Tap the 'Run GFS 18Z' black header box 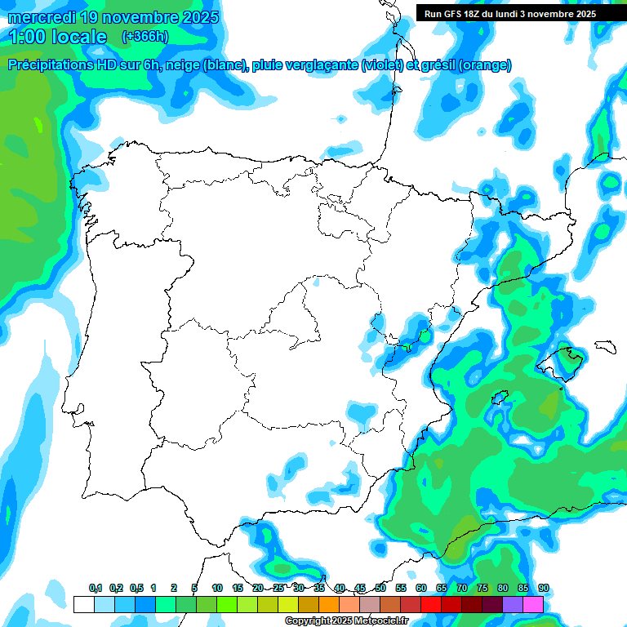[x=510, y=14]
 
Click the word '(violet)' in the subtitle [x=380, y=65]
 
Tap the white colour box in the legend [x=83, y=604]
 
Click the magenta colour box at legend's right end [x=533, y=604]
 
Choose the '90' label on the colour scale [x=543, y=588]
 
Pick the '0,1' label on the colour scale [x=96, y=588]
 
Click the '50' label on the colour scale [x=380, y=588]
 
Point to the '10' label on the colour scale [x=217, y=588]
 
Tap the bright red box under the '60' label [x=431, y=604]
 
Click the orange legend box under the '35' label [x=329, y=604]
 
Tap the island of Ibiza [x=500, y=399]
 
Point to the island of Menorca [x=605, y=345]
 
